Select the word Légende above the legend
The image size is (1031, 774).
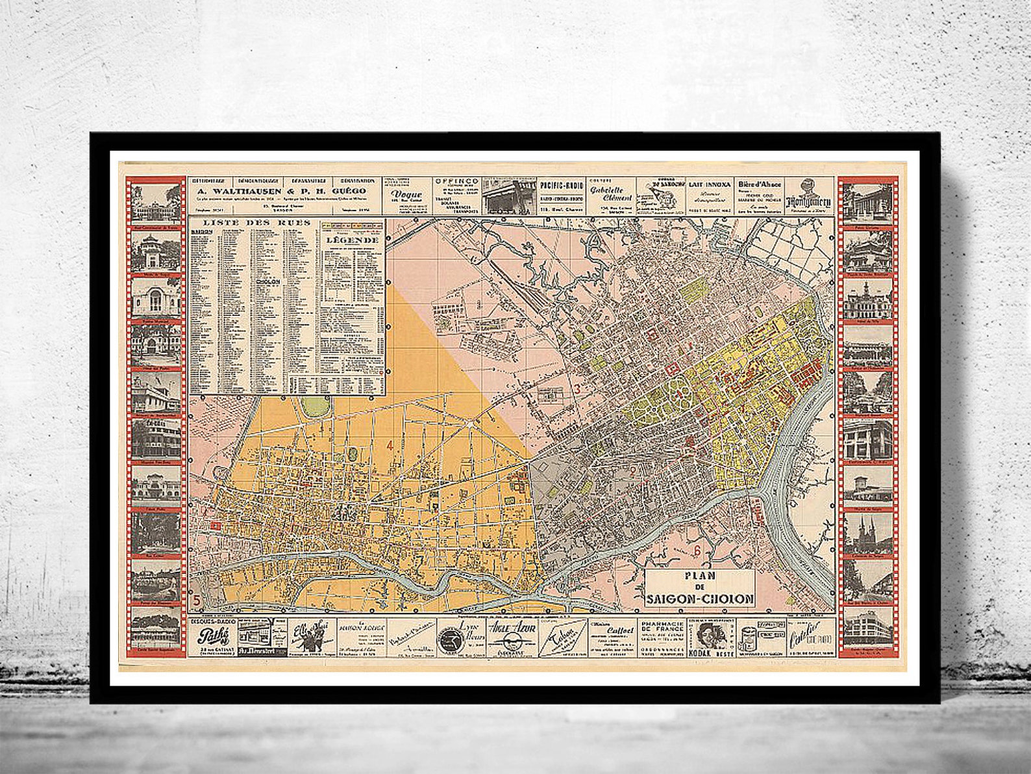(x=353, y=239)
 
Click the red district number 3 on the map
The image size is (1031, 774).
(x=576, y=389)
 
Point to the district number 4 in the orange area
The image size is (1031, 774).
(x=390, y=445)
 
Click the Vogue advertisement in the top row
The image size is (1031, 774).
(x=406, y=194)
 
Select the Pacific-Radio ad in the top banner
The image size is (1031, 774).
(x=562, y=194)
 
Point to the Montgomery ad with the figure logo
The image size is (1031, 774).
(x=808, y=195)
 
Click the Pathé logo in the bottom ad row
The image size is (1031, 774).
(x=210, y=636)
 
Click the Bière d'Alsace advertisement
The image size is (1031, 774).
(x=758, y=194)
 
